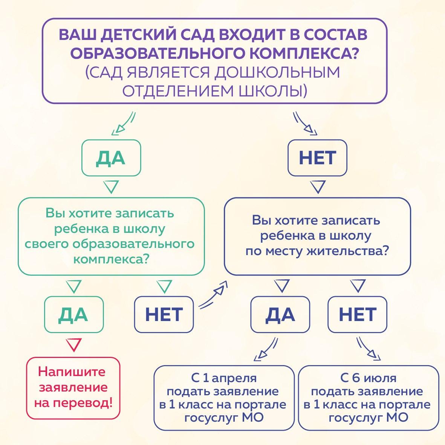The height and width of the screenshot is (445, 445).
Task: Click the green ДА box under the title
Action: [x=111, y=158]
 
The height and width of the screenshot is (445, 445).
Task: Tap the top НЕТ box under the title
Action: [x=317, y=158]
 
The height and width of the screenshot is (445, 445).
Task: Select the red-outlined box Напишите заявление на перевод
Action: [x=73, y=388]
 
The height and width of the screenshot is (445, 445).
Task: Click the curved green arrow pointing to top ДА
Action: [x=123, y=123]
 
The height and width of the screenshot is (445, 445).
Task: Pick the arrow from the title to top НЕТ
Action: [x=305, y=123]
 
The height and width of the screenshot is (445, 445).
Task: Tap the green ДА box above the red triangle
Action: [x=73, y=315]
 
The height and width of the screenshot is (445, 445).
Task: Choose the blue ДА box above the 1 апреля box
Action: [x=280, y=315]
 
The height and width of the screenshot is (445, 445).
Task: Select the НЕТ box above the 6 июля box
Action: [x=357, y=315]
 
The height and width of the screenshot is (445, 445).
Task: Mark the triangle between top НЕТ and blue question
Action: [x=318, y=187]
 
